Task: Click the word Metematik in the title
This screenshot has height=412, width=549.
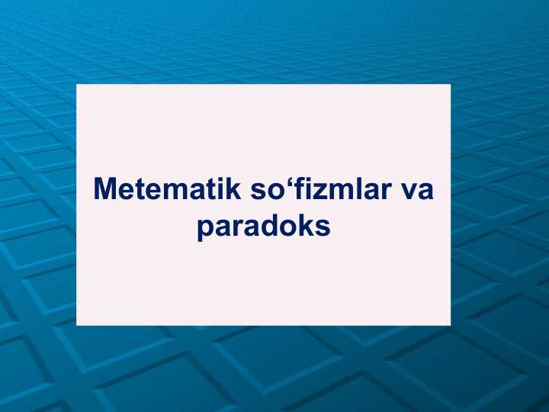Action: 167,189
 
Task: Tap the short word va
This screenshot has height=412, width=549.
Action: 416,189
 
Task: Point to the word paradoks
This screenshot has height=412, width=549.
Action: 263,227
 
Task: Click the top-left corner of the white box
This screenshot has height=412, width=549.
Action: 77,85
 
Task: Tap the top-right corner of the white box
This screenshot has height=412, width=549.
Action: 451,85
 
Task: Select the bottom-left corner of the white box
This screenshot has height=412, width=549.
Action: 77,325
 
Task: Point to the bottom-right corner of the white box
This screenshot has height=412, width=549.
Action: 451,325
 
